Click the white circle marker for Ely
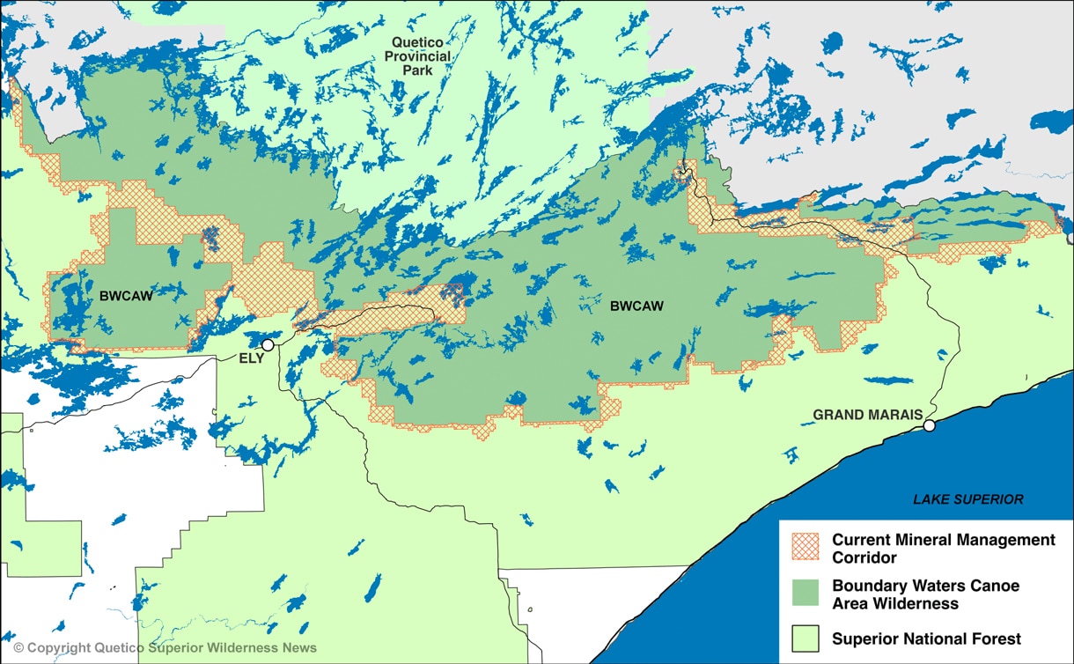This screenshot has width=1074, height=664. pos(268,345)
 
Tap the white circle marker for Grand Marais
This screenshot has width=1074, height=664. pos(929,426)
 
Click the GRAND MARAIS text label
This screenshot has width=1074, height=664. pos(867,415)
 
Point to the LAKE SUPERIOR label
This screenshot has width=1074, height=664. pos(967,499)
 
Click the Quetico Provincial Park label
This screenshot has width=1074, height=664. pos(421,56)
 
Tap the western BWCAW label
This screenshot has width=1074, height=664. pos(126,296)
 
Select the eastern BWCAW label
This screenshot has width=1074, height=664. pos(636,306)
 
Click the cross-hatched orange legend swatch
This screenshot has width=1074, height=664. pos(805,548)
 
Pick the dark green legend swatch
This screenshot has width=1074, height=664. pos(805,594)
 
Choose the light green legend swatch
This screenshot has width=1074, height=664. pos(805,638)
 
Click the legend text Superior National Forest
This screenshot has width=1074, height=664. pos(926,639)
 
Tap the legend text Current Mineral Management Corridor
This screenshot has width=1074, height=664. pos(943,549)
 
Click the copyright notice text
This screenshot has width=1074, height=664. pos(165,648)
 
